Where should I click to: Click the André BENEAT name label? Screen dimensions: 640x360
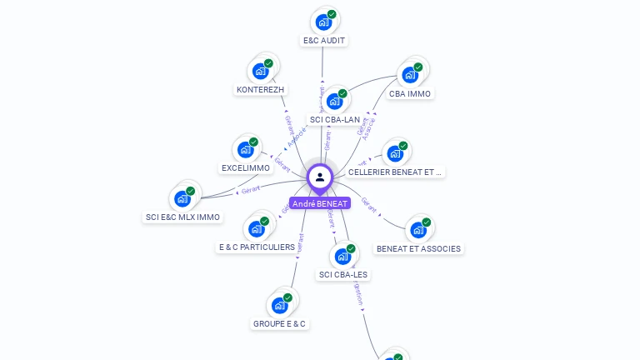(320, 203)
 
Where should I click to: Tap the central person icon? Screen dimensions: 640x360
(320, 177)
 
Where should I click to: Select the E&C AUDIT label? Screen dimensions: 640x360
(323, 40)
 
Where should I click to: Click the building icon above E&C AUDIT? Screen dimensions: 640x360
(322, 22)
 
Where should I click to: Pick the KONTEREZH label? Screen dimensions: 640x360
(260, 89)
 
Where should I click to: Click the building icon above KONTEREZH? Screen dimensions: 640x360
(260, 72)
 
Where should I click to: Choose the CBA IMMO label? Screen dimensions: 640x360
(409, 93)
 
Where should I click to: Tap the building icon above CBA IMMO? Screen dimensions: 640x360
(408, 75)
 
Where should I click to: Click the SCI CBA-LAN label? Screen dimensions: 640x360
(335, 119)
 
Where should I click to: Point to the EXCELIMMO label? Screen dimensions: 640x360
(246, 167)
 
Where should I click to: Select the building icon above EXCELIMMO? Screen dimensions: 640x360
(245, 150)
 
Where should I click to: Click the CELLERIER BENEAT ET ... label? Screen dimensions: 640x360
(395, 172)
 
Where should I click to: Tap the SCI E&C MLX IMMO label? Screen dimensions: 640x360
(182, 217)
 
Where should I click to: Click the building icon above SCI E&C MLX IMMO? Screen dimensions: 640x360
(181, 200)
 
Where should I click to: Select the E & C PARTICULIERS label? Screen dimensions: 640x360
(257, 247)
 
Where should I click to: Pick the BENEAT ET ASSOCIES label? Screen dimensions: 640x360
(418, 248)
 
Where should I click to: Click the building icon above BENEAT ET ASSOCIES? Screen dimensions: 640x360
(417, 231)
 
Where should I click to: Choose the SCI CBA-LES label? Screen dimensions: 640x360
(343, 274)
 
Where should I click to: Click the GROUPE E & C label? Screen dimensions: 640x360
(279, 323)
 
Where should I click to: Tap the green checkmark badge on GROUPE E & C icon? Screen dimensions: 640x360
(287, 297)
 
